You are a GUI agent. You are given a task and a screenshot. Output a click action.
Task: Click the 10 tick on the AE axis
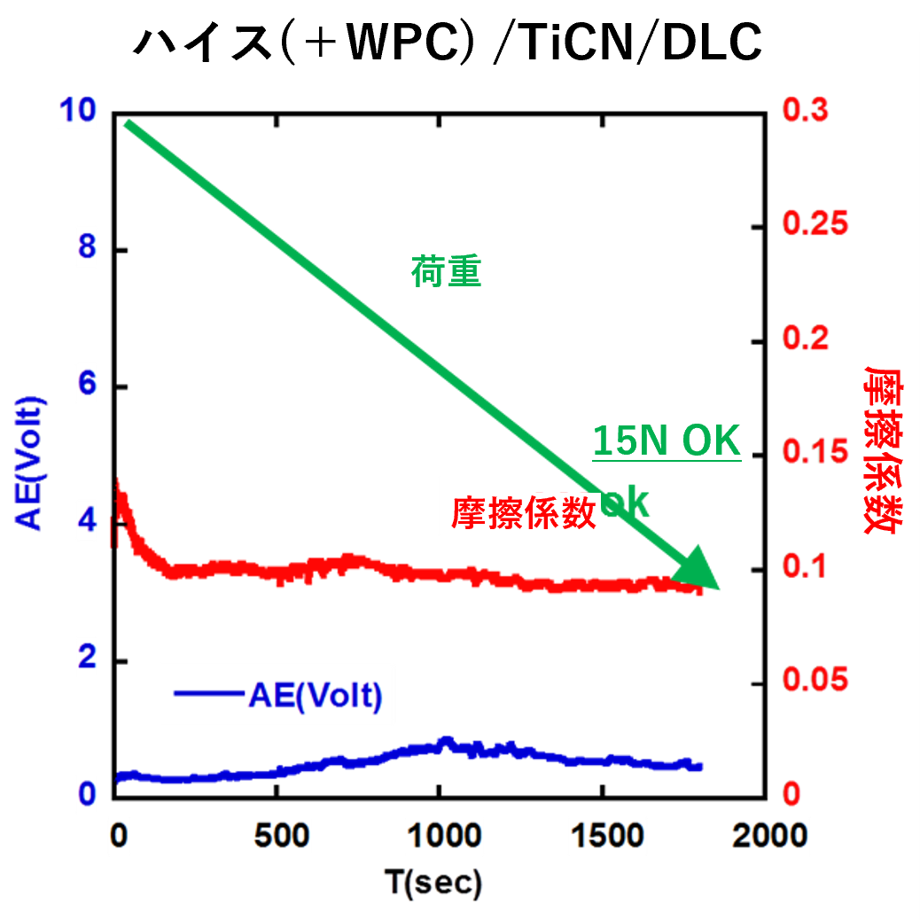[x=76, y=113]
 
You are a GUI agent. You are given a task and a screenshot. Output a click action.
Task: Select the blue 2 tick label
[x=87, y=659]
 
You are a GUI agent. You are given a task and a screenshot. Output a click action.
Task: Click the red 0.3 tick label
[x=805, y=113]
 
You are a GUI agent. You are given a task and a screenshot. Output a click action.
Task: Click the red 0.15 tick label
[x=815, y=453]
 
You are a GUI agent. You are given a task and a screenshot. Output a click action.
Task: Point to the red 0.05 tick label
[x=815, y=682]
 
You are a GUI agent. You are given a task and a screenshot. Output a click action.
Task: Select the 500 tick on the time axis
[x=278, y=835]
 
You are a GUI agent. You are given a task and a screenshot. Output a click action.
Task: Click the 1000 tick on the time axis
[x=441, y=835]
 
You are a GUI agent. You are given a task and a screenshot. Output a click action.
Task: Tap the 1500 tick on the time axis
[x=603, y=835]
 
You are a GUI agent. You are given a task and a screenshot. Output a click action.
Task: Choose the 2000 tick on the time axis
[x=764, y=835]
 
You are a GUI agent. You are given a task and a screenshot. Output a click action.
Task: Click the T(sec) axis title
[x=433, y=883]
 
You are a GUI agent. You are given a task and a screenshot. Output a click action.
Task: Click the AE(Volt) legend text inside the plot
[x=315, y=696]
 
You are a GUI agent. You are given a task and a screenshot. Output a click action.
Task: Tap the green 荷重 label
[x=446, y=272]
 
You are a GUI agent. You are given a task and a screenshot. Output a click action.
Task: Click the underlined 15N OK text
[x=666, y=441]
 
